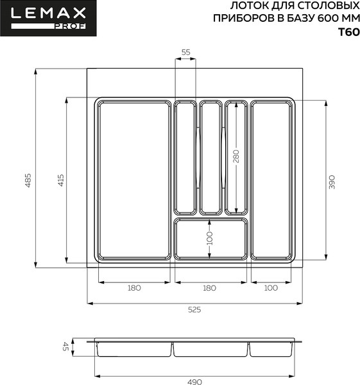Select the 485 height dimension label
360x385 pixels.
point(28,182)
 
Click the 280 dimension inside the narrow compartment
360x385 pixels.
point(236,157)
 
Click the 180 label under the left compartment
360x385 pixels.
point(133,288)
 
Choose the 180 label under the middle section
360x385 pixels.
point(210,288)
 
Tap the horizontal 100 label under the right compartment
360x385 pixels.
point(271,288)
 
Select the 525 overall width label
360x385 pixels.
point(194,310)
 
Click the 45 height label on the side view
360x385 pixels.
point(65,346)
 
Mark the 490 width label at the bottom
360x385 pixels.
point(194,382)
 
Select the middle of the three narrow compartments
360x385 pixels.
point(210,157)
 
